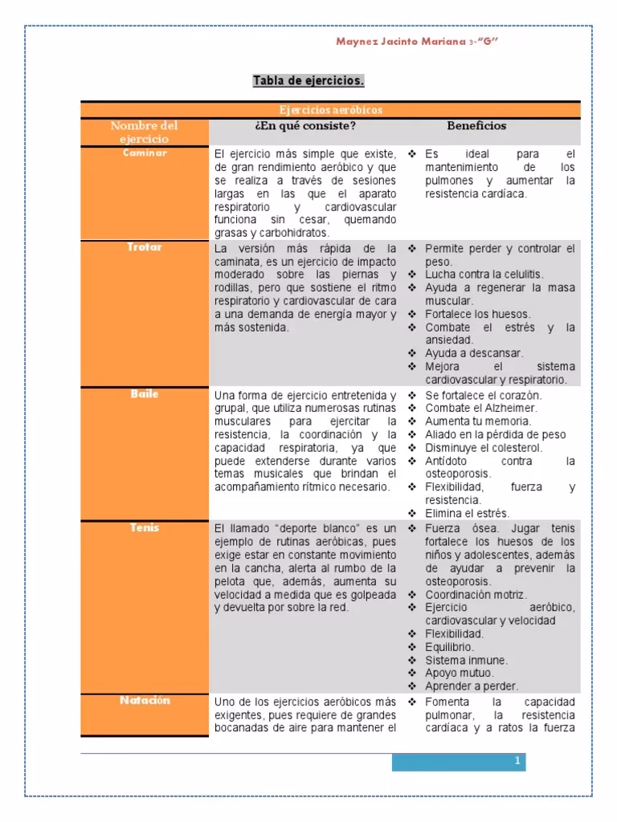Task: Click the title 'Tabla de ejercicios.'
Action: tap(308, 81)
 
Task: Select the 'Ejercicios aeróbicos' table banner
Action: tap(330, 109)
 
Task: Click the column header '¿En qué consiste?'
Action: tap(304, 126)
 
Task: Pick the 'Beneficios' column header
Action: tap(476, 126)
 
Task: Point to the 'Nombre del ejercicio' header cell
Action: tap(145, 132)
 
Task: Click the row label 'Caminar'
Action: tap(145, 153)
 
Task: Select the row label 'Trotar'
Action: tap(145, 247)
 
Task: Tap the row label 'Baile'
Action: tap(145, 394)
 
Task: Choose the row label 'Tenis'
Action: tap(145, 527)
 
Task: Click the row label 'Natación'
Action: tap(145, 700)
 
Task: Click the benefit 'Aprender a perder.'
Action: tap(472, 686)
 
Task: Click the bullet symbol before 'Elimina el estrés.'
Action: tap(411, 513)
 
